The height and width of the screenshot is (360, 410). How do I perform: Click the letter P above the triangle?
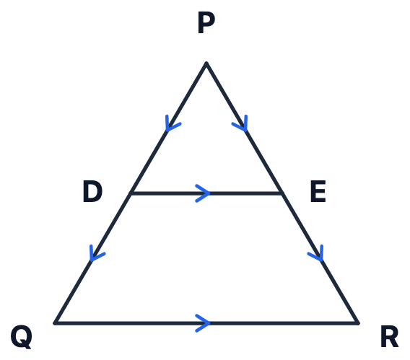point(206,22)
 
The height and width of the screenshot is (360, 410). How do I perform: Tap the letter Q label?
point(22,337)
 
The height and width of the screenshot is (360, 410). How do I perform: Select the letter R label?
point(389,336)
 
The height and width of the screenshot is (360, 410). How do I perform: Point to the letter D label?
point(92,191)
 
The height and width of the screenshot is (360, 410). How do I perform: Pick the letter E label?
point(318,191)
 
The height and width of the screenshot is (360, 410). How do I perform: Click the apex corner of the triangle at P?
point(206,63)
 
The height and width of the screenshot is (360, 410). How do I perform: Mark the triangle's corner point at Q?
point(55,323)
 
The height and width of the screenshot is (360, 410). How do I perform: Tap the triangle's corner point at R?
point(358,323)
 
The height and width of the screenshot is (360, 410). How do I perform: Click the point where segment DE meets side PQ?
point(131,193)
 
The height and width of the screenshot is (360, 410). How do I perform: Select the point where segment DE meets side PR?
point(282,193)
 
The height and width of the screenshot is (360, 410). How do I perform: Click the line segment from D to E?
point(206,193)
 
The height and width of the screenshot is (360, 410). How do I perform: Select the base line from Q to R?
point(206,323)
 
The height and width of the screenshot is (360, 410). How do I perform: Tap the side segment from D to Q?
point(93,258)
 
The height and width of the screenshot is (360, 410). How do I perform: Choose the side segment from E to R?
point(320,258)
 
